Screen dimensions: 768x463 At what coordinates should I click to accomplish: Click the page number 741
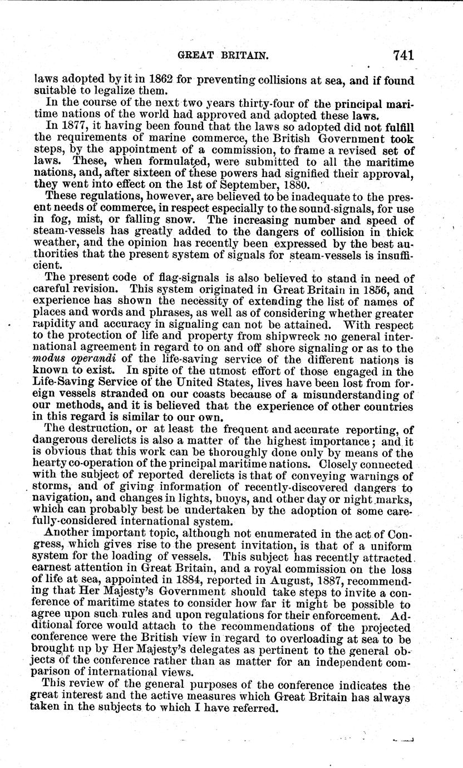coord(403,55)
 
